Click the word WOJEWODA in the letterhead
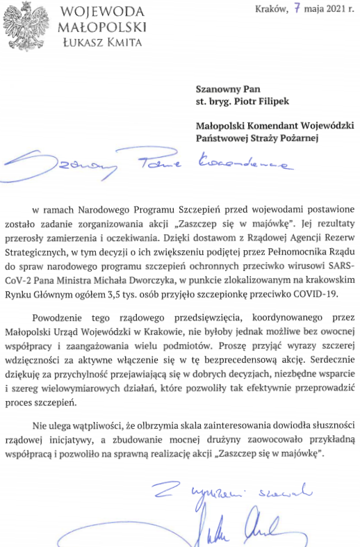(102, 12)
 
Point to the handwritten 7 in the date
(299, 9)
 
